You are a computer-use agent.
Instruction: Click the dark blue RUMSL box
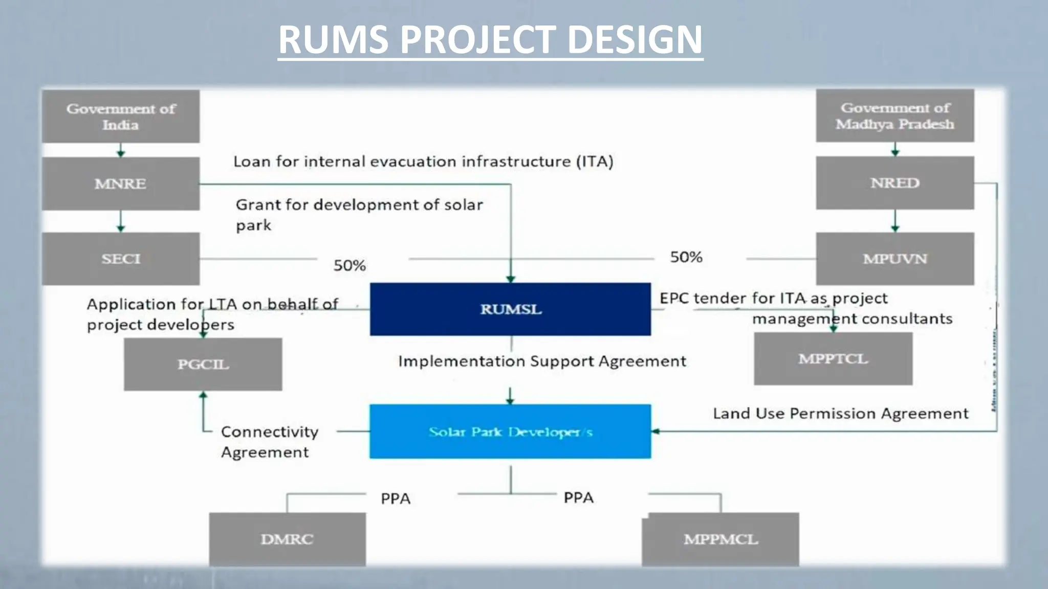pyautogui.click(x=510, y=309)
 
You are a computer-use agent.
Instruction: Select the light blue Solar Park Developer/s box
pyautogui.click(x=510, y=432)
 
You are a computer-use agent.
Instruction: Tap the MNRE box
pyautogui.click(x=121, y=184)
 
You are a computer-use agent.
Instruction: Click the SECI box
pyautogui.click(x=121, y=259)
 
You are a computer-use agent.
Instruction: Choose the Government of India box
pyautogui.click(x=121, y=117)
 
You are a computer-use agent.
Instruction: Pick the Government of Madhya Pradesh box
pyautogui.click(x=894, y=116)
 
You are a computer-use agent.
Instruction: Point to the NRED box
pyautogui.click(x=894, y=183)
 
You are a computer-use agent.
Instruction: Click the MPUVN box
pyautogui.click(x=894, y=259)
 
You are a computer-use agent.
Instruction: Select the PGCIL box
pyautogui.click(x=203, y=364)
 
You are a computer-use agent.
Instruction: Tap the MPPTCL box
pyautogui.click(x=833, y=358)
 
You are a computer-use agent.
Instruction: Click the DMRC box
pyautogui.click(x=287, y=539)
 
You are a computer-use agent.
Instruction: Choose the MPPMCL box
pyautogui.click(x=720, y=539)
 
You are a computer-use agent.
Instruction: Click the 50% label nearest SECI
pyautogui.click(x=350, y=265)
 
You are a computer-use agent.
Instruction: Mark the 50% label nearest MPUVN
pyautogui.click(x=686, y=257)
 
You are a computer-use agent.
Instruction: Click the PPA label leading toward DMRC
pyautogui.click(x=395, y=499)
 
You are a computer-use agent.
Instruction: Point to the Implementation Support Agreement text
pyautogui.click(x=541, y=361)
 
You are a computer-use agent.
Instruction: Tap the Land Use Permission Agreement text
pyautogui.click(x=840, y=413)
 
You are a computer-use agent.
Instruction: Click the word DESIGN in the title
pyautogui.click(x=635, y=39)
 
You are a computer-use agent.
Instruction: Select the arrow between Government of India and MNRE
pyautogui.click(x=121, y=150)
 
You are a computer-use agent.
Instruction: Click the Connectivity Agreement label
pyautogui.click(x=269, y=442)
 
